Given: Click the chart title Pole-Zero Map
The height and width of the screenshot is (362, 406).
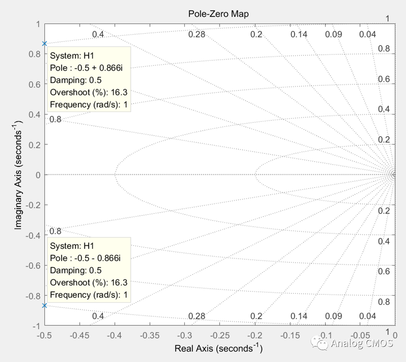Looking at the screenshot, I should point(218,14).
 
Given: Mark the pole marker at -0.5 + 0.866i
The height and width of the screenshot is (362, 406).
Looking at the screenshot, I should point(45,43).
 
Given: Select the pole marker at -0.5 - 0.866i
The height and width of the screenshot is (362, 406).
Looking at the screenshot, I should point(45,305).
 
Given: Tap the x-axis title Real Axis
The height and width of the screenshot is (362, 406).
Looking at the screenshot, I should point(219,348).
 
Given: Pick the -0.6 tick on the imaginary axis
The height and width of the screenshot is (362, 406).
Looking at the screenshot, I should point(35,266).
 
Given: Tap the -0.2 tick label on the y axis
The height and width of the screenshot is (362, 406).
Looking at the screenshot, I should point(35,205).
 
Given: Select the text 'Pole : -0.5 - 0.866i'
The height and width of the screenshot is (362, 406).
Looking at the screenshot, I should point(85,258).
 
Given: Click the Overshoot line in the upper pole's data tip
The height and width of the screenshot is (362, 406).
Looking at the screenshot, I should point(89,92).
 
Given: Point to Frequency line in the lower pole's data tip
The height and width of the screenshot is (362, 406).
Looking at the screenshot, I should point(89,295).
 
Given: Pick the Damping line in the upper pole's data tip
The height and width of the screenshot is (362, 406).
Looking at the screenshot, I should point(76,80).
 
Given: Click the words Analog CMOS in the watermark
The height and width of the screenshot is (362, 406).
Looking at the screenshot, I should point(362,343).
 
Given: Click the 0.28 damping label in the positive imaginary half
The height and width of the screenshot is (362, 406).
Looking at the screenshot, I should point(197,34).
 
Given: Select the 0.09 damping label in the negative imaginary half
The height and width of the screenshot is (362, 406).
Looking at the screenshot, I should point(333,316).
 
